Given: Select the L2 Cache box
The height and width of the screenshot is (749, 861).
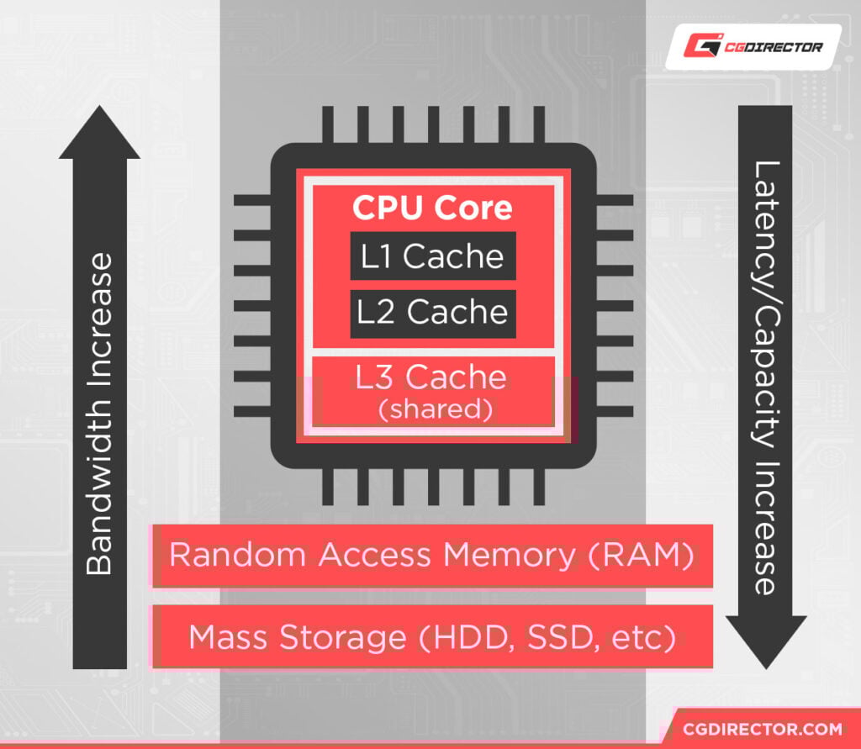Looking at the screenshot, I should pos(432,313).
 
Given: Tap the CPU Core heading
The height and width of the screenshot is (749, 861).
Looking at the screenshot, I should pos(432,208).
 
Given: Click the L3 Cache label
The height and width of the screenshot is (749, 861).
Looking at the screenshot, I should pos(431,377).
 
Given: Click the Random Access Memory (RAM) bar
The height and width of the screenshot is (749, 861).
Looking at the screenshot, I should pos(432,556).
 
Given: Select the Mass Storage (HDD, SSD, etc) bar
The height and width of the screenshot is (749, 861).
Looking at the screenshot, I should pos(432,637).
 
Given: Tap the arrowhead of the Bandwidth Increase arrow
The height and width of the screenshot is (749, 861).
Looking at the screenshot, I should pos(99,135).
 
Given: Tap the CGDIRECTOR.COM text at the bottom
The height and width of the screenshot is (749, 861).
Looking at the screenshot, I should pos(763,727).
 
